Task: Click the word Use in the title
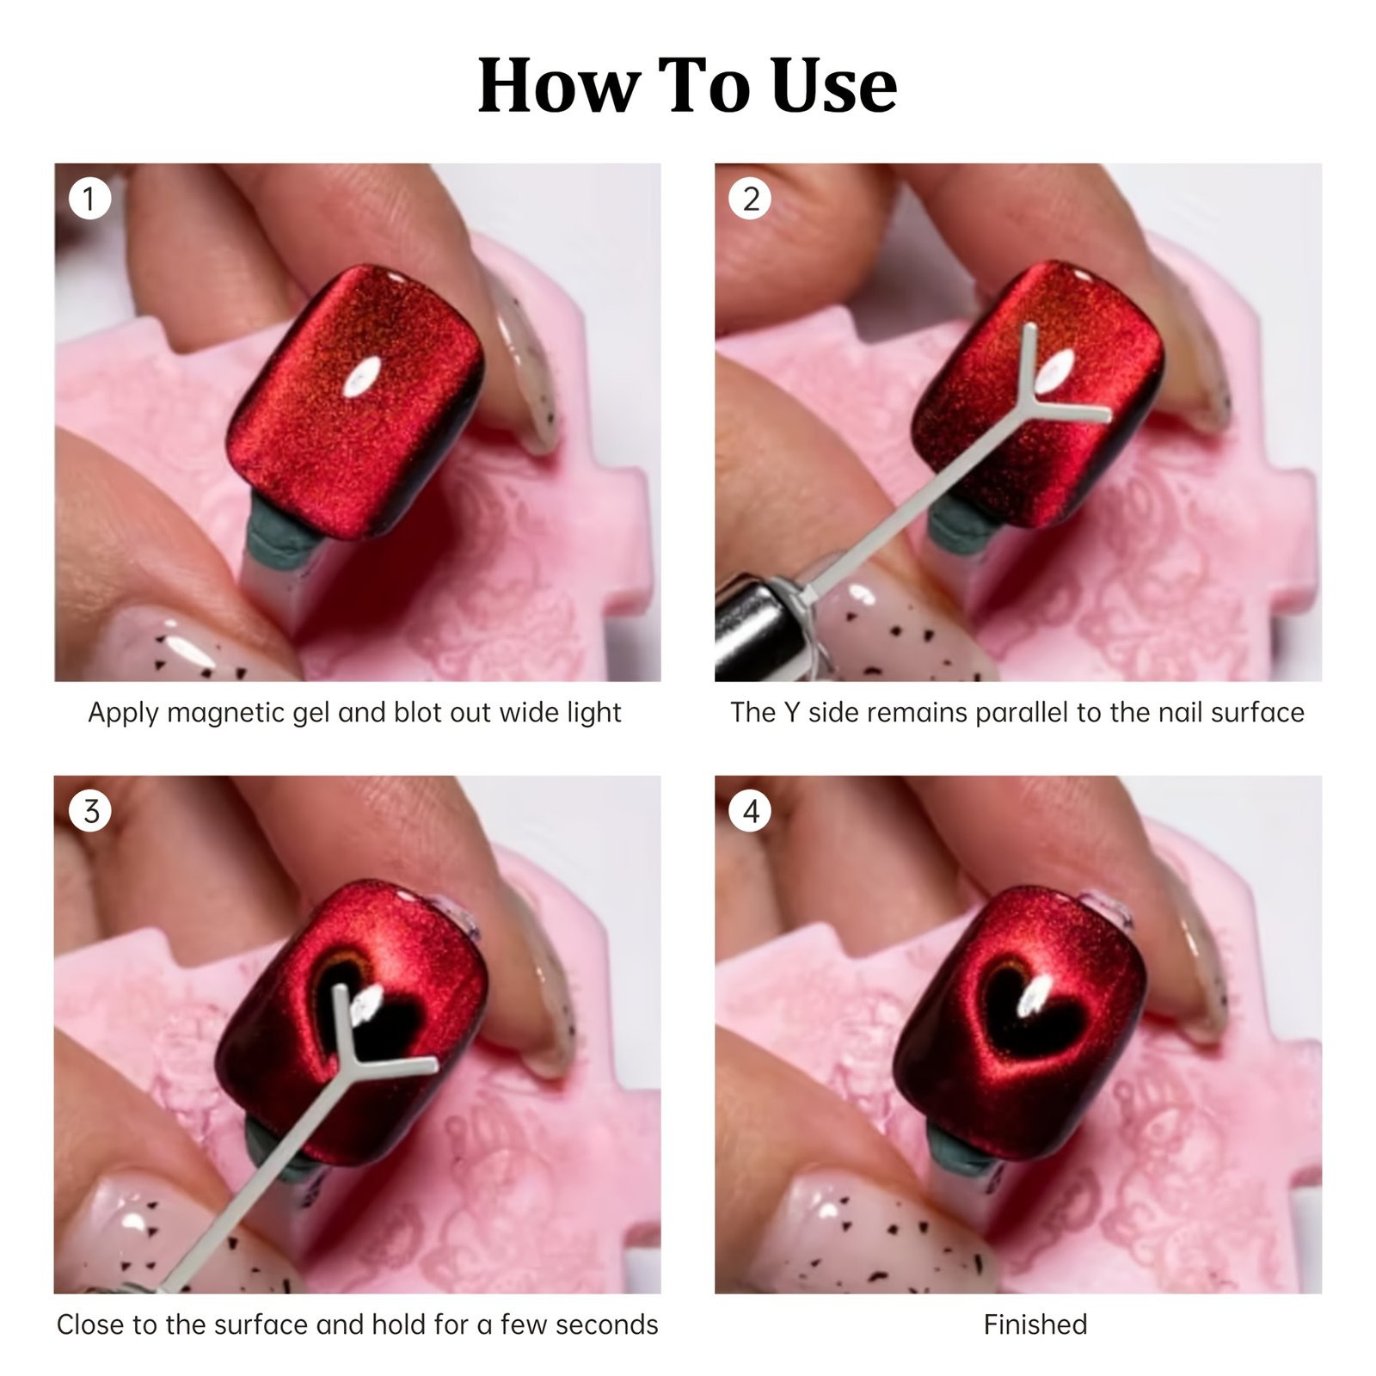click(x=833, y=85)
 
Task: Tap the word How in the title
click(x=558, y=85)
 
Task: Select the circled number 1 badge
click(x=89, y=199)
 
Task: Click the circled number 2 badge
click(x=750, y=199)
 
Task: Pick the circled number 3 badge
click(x=90, y=811)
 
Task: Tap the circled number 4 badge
click(x=751, y=811)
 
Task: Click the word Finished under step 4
click(x=1035, y=1324)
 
